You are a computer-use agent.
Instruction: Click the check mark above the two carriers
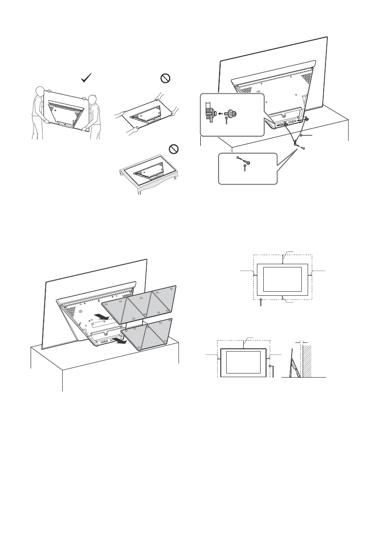(85, 79)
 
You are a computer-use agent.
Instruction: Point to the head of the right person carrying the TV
(93, 99)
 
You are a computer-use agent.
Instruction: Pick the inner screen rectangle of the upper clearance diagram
(283, 280)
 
